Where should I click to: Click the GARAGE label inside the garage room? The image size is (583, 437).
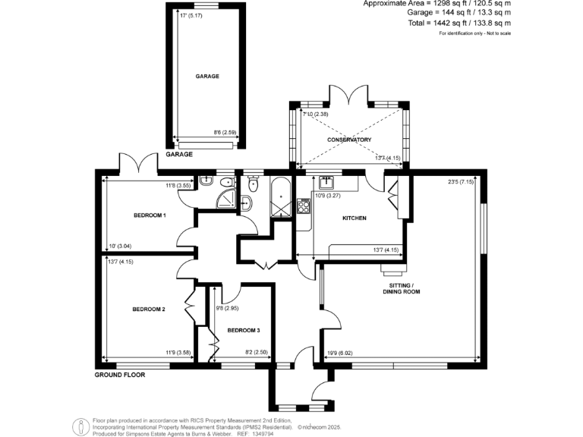(x=207, y=77)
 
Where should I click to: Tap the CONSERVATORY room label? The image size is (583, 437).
(x=349, y=140)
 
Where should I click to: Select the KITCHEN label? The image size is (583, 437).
(x=354, y=218)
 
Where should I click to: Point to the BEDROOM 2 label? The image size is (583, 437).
(x=149, y=309)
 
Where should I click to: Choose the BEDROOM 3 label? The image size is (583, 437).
(x=244, y=330)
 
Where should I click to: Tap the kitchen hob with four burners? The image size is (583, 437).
(x=305, y=205)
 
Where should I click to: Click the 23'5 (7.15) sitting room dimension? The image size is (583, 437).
(x=460, y=182)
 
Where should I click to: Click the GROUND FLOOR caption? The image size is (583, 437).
(x=120, y=375)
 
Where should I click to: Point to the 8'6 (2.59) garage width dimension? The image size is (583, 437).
(x=224, y=133)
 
